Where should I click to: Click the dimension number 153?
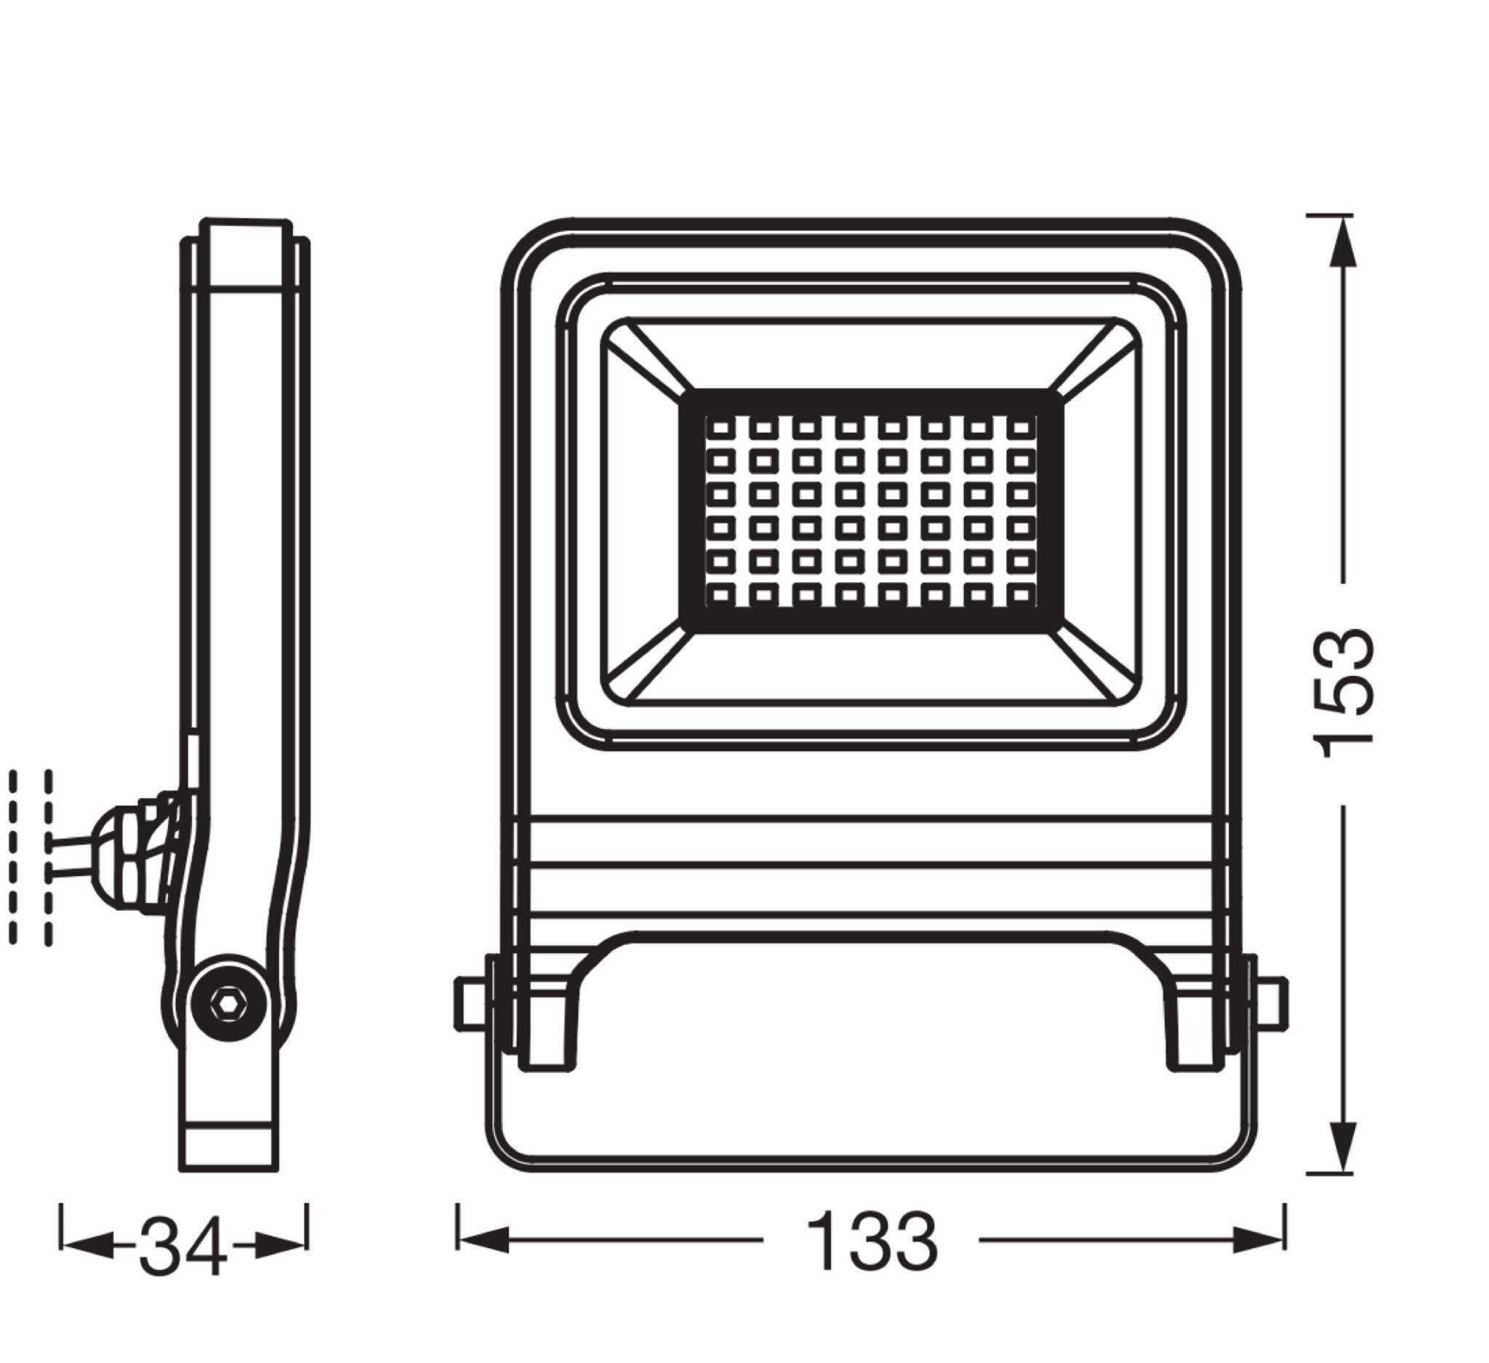1344,694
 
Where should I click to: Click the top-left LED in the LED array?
721,427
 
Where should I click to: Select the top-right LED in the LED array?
1022,427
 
